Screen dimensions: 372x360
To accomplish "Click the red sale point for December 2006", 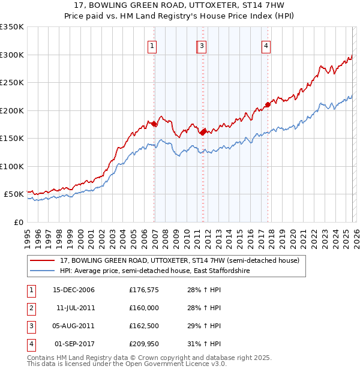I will [154, 124].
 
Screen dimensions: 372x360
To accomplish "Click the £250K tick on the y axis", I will [13, 83].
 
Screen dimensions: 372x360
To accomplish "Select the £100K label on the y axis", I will [13, 166].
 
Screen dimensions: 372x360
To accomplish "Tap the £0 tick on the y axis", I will [18, 222].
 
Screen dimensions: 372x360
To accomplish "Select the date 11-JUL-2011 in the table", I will [73, 308].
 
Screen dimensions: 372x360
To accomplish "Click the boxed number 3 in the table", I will [31, 326].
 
